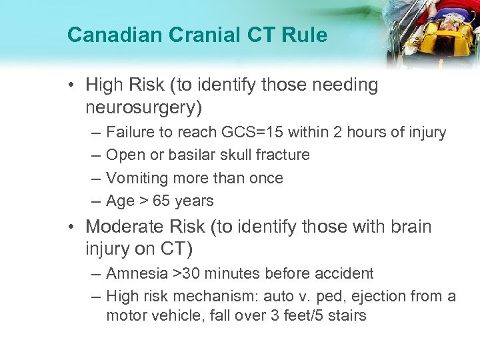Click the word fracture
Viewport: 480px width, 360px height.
282,155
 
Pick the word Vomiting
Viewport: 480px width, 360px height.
135,178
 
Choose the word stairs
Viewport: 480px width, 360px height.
345,315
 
